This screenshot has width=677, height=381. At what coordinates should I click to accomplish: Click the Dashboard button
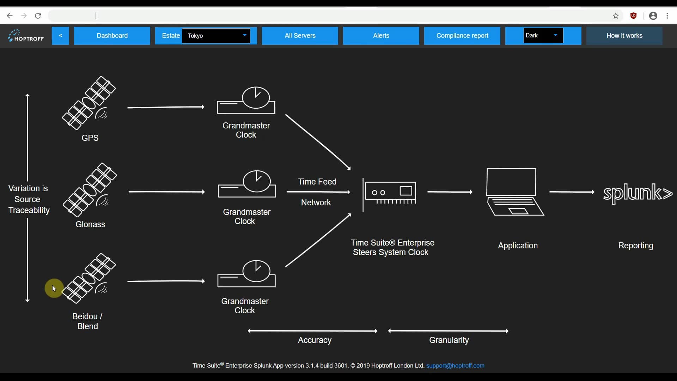[112, 36]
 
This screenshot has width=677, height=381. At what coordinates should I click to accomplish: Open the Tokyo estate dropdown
[216, 36]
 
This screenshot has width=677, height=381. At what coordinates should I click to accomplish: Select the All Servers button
[300, 36]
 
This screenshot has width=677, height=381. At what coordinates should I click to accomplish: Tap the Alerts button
[381, 36]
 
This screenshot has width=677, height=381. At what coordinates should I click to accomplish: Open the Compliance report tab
[462, 36]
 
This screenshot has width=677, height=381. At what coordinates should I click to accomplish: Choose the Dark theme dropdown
[543, 36]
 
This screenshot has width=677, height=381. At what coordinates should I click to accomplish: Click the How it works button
[624, 36]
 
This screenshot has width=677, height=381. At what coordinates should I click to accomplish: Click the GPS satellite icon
[89, 103]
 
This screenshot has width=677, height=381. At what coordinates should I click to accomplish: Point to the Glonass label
[90, 224]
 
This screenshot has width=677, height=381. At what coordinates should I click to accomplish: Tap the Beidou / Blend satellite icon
[89, 279]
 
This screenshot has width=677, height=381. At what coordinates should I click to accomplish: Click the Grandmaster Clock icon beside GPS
[246, 101]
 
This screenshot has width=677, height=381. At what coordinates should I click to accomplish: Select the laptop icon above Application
[515, 192]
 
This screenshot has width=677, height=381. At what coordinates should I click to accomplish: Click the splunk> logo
[638, 193]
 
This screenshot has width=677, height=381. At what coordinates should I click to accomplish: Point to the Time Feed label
[317, 182]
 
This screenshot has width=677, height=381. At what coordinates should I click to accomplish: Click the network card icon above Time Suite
[390, 193]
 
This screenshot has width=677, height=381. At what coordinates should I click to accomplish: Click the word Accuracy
[315, 340]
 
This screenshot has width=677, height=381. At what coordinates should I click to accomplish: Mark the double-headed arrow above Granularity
[448, 331]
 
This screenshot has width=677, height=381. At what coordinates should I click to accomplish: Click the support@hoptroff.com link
[455, 365]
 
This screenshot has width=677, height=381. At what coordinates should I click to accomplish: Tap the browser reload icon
[38, 16]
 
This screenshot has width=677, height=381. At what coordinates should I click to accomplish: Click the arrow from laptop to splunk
[572, 192]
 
